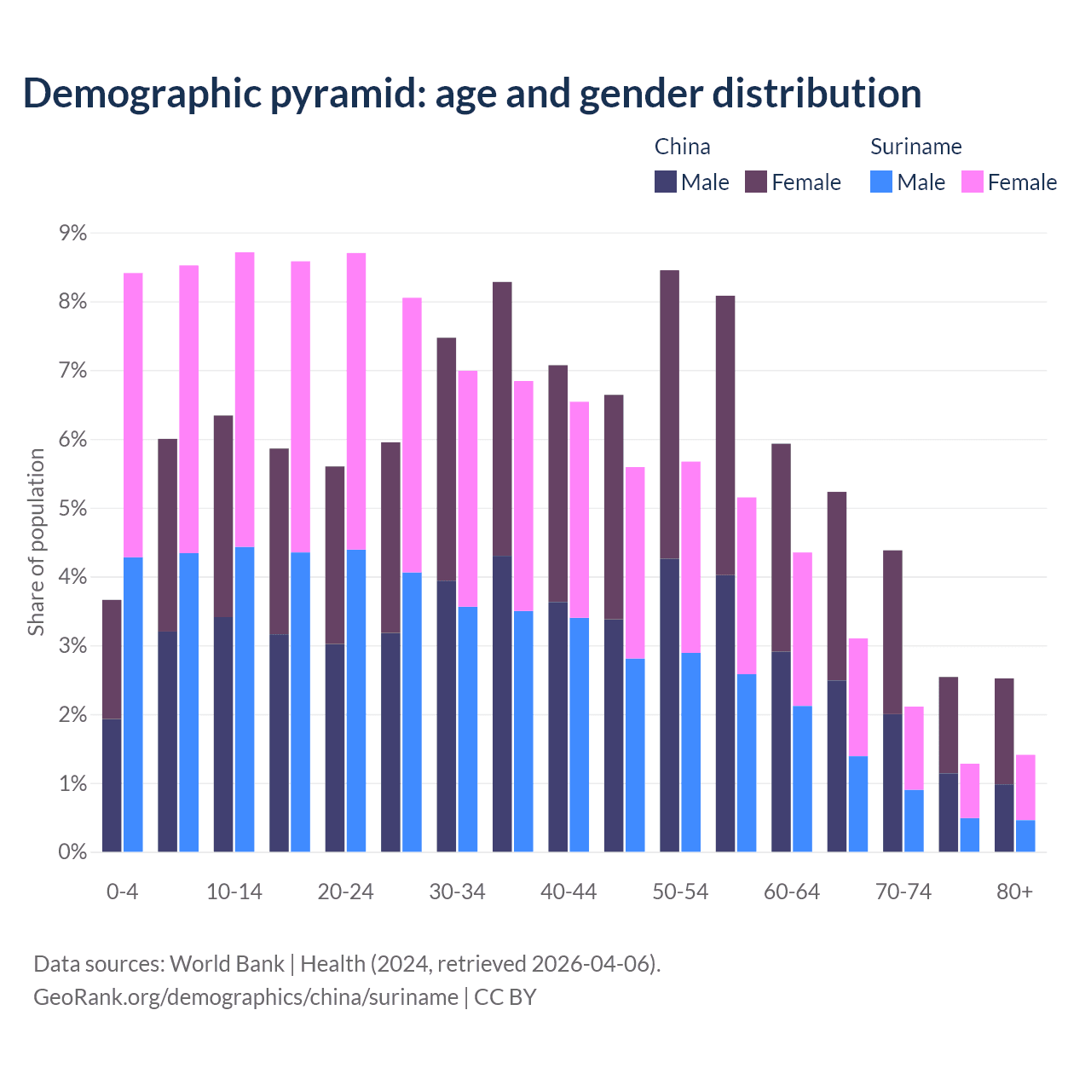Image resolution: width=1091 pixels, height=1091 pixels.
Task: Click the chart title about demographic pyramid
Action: pyautogui.click(x=472, y=94)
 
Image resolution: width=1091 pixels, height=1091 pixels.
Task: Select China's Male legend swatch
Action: pyautogui.click(x=666, y=182)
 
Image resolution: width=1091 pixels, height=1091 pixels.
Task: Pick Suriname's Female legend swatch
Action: pyautogui.click(x=972, y=182)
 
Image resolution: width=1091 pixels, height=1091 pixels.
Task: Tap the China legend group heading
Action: pyautogui.click(x=682, y=147)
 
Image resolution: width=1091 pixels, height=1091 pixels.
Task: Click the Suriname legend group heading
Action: pyautogui.click(x=915, y=147)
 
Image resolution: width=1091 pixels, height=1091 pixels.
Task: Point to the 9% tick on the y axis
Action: pyautogui.click(x=72, y=234)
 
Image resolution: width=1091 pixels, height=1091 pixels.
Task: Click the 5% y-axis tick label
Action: pyautogui.click(x=72, y=509)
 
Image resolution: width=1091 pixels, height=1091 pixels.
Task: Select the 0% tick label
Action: pyautogui.click(x=72, y=852)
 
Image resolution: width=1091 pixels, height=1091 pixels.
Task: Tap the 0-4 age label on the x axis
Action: pyautogui.click(x=122, y=892)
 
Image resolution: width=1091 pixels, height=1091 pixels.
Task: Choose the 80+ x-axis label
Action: pyautogui.click(x=1014, y=892)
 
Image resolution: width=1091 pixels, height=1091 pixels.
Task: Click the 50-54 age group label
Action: pyautogui.click(x=680, y=892)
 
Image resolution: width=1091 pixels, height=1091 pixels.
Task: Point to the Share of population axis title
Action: pyautogui.click(x=36, y=542)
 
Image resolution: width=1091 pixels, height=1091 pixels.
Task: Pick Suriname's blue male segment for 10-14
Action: pyautogui.click(x=245, y=699)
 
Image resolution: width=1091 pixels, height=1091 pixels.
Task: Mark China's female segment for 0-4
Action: pyautogui.click(x=112, y=659)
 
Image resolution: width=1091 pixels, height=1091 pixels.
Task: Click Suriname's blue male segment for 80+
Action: pyautogui.click(x=1025, y=836)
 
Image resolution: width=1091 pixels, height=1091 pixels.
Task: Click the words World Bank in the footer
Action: pyautogui.click(x=227, y=964)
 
